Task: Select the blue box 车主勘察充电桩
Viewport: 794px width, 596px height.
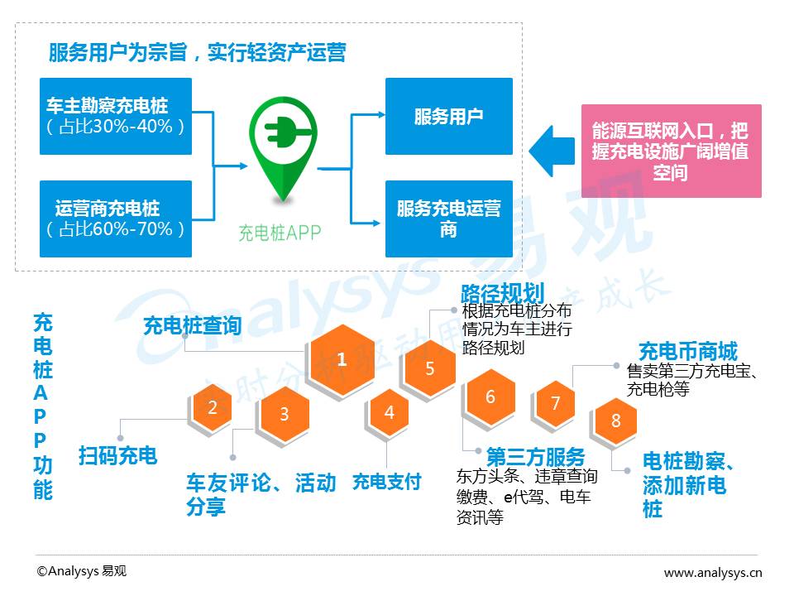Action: (x=116, y=116)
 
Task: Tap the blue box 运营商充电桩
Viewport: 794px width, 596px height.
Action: (x=116, y=219)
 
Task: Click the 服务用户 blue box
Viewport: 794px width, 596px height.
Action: (x=449, y=116)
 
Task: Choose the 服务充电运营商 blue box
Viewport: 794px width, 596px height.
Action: (x=449, y=219)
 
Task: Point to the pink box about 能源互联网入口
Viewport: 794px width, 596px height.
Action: (x=672, y=151)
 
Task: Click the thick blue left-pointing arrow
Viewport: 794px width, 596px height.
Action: (x=552, y=151)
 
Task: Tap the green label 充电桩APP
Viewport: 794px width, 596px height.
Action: (x=280, y=233)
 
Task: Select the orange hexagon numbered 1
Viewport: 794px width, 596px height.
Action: (x=342, y=359)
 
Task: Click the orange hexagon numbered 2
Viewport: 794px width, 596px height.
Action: (x=213, y=407)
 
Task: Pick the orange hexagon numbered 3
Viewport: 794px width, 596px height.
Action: (x=284, y=414)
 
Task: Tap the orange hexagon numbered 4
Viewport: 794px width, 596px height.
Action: (x=389, y=412)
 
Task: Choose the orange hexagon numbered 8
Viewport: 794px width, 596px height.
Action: (x=615, y=421)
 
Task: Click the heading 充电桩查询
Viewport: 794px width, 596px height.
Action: (x=193, y=325)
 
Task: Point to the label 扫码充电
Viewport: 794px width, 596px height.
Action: (x=118, y=455)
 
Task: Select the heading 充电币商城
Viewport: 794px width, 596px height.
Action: (x=688, y=351)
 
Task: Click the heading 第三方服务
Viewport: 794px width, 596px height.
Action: (x=536, y=457)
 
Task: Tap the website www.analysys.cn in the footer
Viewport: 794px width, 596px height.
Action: (x=713, y=573)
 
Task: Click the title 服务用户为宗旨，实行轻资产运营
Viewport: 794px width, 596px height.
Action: (x=198, y=52)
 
